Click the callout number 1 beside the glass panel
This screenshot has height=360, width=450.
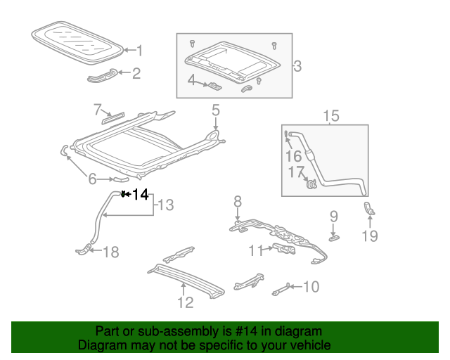pyautogui.click(x=139, y=51)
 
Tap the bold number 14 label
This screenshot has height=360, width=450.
pyautogui.click(x=141, y=194)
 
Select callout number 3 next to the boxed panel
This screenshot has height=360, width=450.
pyautogui.click(x=297, y=66)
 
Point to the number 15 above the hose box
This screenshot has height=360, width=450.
pyautogui.click(x=331, y=116)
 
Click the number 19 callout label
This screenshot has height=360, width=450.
pyautogui.click(x=370, y=236)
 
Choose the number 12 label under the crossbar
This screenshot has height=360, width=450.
pyautogui.click(x=186, y=302)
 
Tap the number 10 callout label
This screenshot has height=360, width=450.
pyautogui.click(x=311, y=286)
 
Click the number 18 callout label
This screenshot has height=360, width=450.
pyautogui.click(x=111, y=252)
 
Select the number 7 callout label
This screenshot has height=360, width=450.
pyautogui.click(x=98, y=110)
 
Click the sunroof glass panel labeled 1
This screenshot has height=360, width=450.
pyautogui.click(x=77, y=41)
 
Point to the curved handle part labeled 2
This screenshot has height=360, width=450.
pyautogui.click(x=102, y=75)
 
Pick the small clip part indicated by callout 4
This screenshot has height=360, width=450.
pyautogui.click(x=214, y=86)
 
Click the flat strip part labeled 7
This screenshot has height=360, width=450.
pyautogui.click(x=113, y=118)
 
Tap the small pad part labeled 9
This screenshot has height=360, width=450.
pyautogui.click(x=335, y=238)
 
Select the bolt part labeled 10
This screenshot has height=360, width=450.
pyautogui.click(x=281, y=289)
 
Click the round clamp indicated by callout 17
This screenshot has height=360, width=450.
pyautogui.click(x=311, y=184)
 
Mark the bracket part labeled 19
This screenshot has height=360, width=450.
pyautogui.click(x=369, y=209)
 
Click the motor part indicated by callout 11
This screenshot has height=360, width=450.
pyautogui.click(x=284, y=249)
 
